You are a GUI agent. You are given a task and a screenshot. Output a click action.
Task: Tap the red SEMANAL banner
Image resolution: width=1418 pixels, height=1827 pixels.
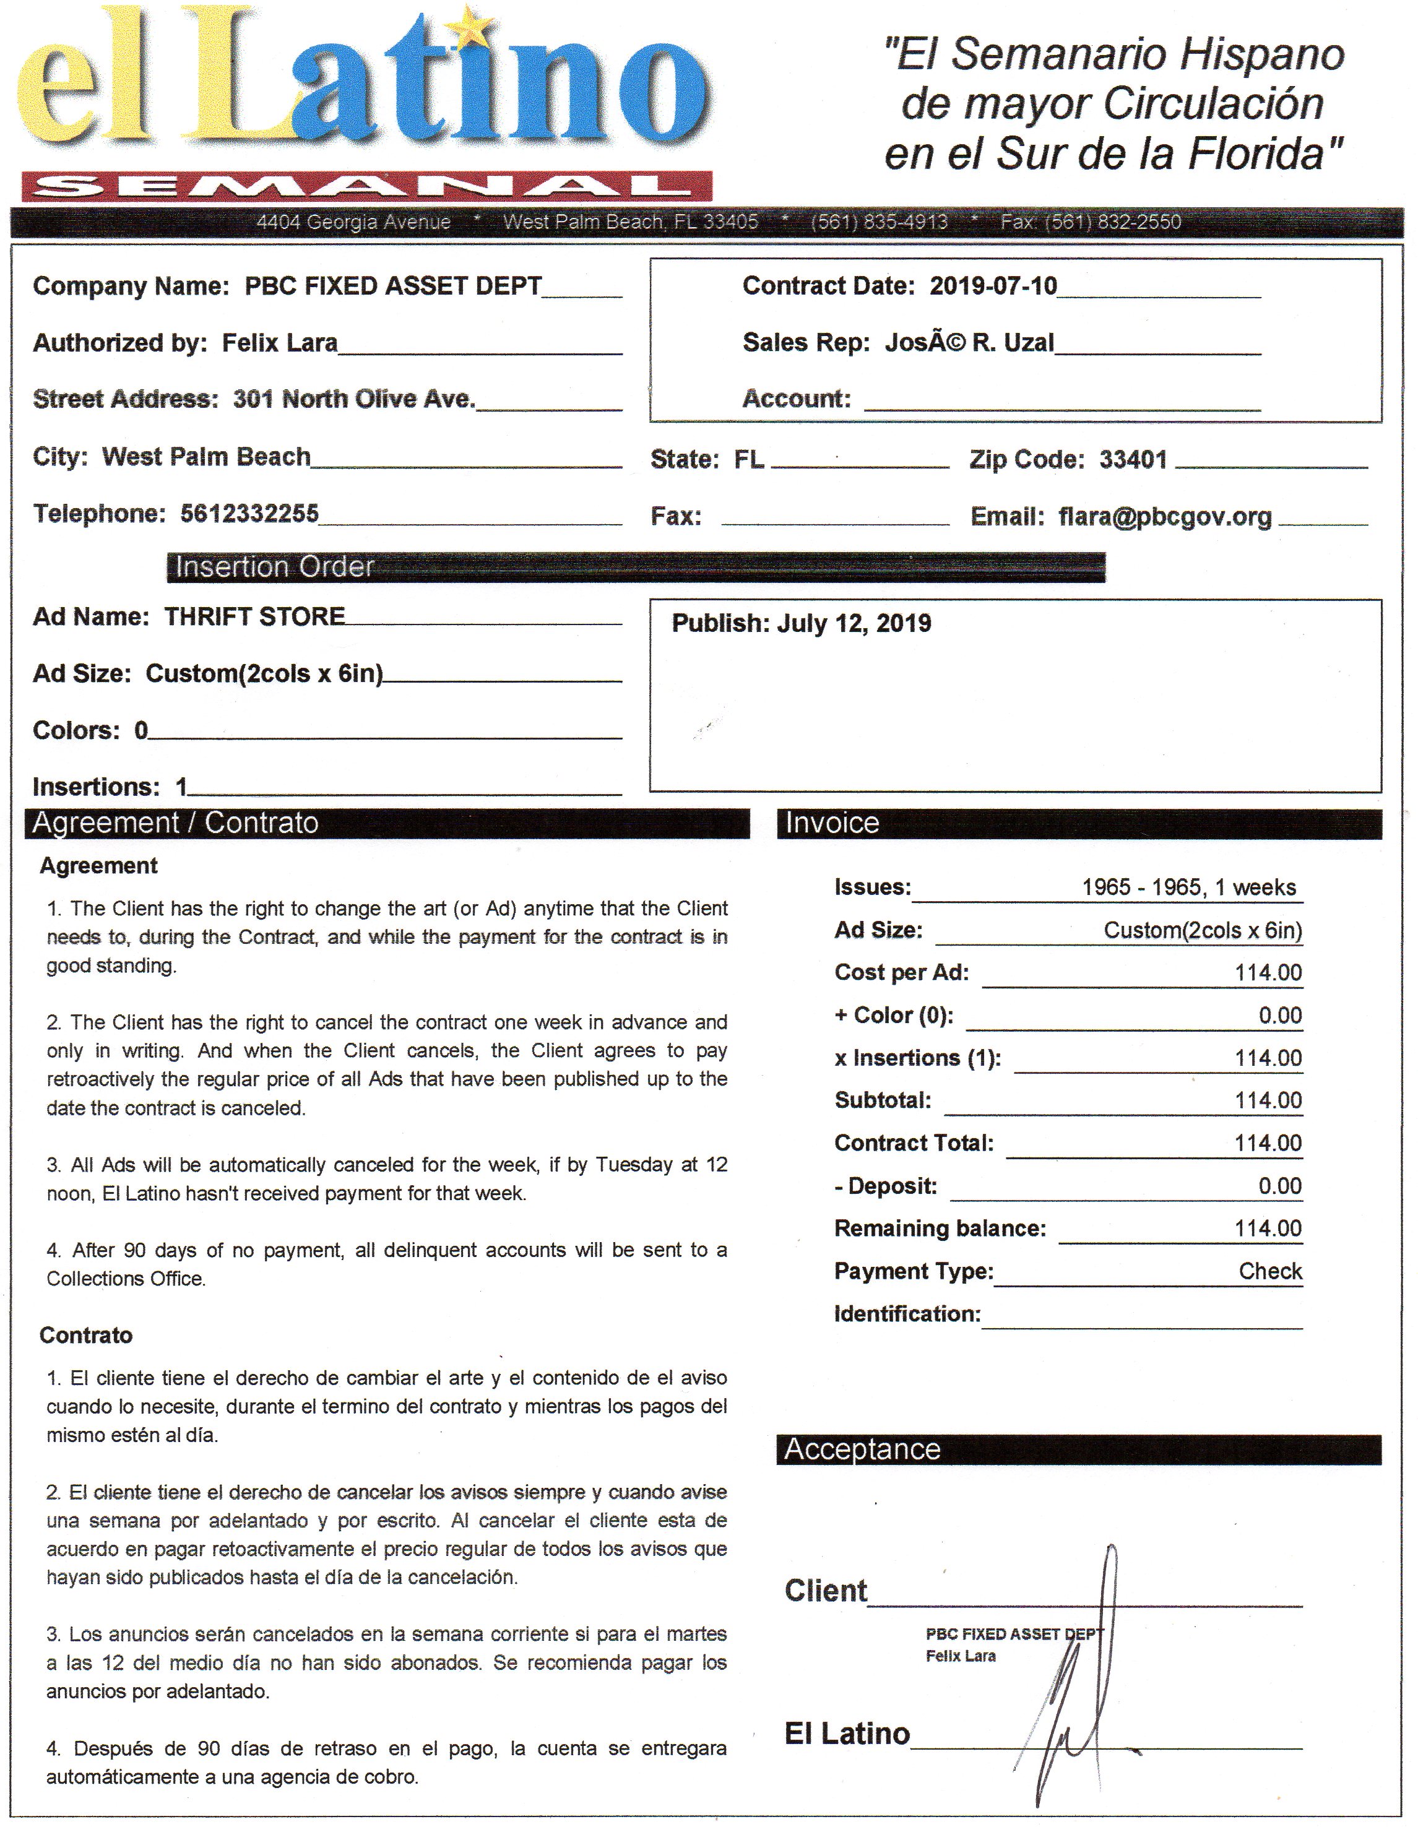pos(366,186)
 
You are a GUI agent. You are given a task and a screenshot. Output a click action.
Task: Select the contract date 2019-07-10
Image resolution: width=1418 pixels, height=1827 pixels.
pos(993,286)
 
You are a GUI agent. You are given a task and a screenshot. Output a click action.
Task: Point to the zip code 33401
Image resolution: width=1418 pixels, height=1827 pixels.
pos(1133,459)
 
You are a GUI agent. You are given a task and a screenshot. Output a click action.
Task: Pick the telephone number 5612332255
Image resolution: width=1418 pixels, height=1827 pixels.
pos(249,514)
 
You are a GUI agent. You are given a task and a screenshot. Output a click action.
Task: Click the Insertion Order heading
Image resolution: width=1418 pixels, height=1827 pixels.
pos(274,567)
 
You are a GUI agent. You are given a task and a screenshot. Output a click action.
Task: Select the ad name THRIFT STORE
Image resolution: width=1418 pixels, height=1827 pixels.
pos(254,616)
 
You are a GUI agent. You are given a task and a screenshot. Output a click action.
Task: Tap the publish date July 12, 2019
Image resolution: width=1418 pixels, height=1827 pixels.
pos(854,623)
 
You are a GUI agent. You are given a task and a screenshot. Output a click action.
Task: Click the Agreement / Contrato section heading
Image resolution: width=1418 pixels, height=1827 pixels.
pos(176,823)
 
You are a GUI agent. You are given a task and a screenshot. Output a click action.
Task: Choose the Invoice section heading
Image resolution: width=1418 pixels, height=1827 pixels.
pos(832,823)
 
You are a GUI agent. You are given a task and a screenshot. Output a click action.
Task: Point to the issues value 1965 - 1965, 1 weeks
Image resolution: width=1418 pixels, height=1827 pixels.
pos(1188,888)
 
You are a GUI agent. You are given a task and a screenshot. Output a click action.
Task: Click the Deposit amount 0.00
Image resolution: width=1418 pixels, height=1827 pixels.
pos(1279,1186)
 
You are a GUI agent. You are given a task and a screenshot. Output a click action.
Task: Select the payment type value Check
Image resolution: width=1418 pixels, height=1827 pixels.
pos(1270,1272)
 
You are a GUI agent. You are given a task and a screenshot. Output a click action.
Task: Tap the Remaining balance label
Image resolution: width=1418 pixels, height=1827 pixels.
pos(940,1229)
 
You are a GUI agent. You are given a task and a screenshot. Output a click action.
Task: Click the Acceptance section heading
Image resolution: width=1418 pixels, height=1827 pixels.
pos(862,1449)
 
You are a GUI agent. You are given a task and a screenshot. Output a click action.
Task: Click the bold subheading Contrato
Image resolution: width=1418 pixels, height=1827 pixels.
pos(85,1335)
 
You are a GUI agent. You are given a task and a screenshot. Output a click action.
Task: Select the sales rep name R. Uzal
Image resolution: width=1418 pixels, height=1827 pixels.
pos(1012,343)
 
